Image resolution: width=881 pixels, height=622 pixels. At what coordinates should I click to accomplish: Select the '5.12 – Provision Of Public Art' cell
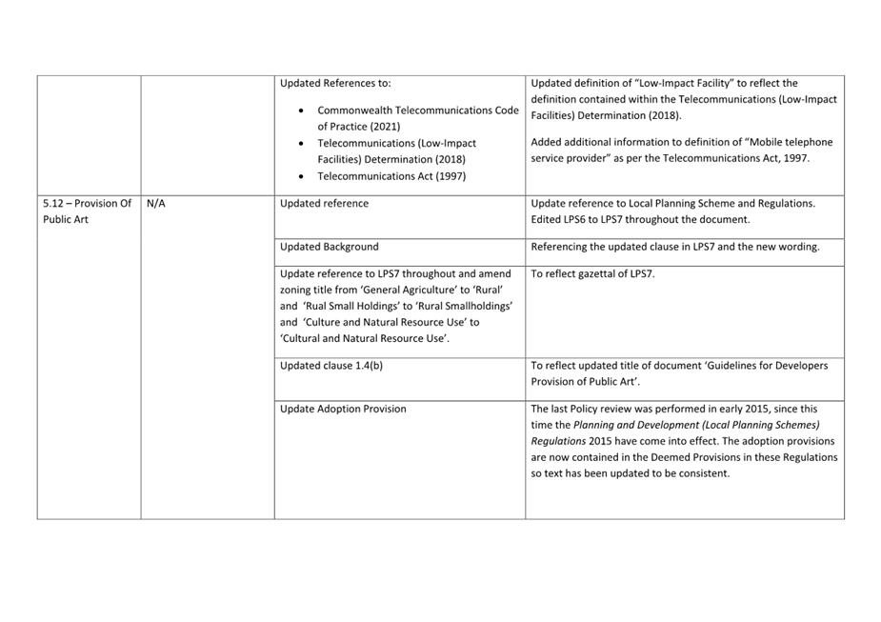87,211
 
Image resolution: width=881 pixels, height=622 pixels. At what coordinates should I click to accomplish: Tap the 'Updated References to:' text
335,83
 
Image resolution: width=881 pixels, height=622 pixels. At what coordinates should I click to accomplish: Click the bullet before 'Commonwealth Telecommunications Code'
301,110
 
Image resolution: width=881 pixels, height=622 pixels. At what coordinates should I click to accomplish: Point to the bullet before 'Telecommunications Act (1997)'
301,176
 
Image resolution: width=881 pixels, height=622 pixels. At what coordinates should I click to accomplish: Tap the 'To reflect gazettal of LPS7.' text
592,273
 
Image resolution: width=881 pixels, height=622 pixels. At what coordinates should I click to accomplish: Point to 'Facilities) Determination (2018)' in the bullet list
391,159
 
